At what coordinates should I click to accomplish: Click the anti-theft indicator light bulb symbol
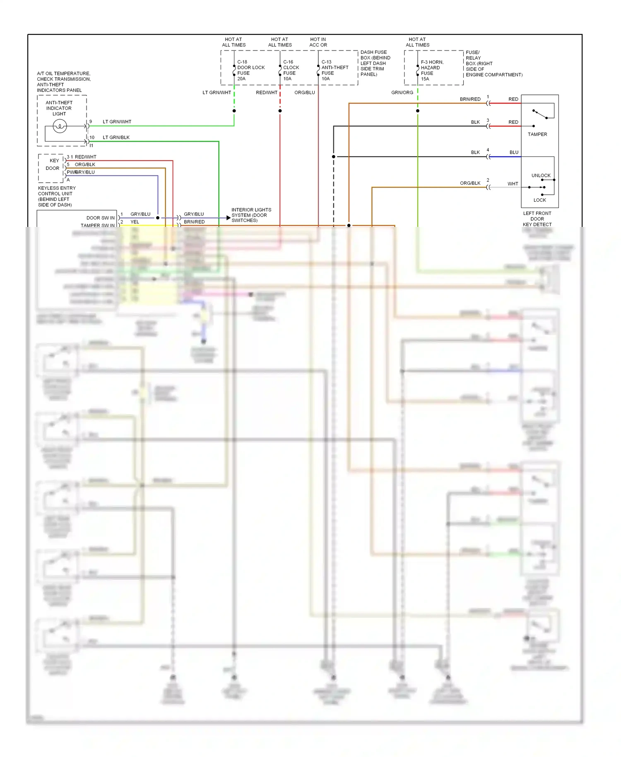pos(60,126)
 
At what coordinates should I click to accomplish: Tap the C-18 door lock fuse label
pos(250,70)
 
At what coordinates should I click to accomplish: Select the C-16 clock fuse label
pos(291,70)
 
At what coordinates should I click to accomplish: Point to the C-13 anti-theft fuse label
pos(335,70)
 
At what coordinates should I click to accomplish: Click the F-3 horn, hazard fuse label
pos(432,70)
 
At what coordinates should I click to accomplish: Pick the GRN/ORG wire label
pos(402,93)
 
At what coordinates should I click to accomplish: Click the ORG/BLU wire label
pos(305,93)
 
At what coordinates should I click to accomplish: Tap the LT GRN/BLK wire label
pos(116,137)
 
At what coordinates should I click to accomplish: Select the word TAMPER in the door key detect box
pos(537,135)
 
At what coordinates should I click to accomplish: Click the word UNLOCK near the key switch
pos(541,176)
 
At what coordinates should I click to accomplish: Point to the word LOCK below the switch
pos(539,200)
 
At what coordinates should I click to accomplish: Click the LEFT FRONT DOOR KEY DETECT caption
pos(537,219)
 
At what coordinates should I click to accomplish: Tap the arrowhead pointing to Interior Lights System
pos(228,218)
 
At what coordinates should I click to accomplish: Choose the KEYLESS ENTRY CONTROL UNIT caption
pos(57,196)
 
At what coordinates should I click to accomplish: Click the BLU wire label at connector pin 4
pos(514,152)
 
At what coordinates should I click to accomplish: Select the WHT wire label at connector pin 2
pos(513,184)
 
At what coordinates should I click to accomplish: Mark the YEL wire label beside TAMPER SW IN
pos(135,222)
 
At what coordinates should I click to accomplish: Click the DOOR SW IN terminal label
pos(100,218)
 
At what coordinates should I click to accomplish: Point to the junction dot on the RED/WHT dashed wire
pos(280,111)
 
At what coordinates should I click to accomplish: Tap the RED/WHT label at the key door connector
pos(85,157)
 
